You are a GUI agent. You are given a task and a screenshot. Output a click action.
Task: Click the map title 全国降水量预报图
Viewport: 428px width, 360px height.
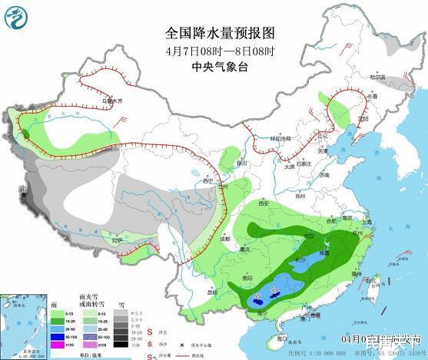219,33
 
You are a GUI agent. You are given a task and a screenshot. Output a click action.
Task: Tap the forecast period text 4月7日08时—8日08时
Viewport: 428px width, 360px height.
219,50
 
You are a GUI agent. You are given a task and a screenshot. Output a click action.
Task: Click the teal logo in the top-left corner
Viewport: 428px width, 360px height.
17,18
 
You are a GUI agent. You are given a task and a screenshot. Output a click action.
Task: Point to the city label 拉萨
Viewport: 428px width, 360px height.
117,240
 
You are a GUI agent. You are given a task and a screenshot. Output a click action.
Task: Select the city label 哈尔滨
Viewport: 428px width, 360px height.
376,77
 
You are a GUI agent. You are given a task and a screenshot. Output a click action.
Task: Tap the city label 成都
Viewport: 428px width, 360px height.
224,239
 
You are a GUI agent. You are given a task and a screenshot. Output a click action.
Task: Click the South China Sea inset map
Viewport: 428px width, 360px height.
22,322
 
